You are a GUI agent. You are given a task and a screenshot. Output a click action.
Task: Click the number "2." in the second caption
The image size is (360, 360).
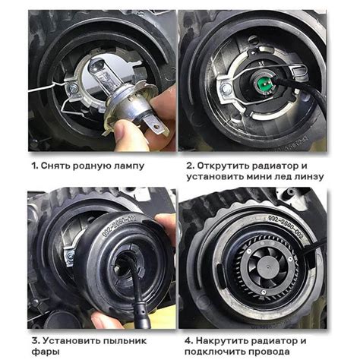pos(191,166)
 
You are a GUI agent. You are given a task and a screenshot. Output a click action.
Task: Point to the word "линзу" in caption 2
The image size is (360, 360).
pos(309,177)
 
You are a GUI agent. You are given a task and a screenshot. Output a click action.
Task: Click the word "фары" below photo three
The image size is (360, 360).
pos(46,352)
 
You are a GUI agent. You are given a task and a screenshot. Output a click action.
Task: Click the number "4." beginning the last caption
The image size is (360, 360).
pos(189,341)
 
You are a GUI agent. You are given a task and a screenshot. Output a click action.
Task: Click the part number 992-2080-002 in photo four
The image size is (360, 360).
pos(286,227)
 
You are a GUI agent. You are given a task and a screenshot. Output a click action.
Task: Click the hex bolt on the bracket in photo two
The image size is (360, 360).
pos(226,89)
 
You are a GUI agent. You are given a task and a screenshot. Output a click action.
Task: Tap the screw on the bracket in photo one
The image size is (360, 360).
pos(74,88)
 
